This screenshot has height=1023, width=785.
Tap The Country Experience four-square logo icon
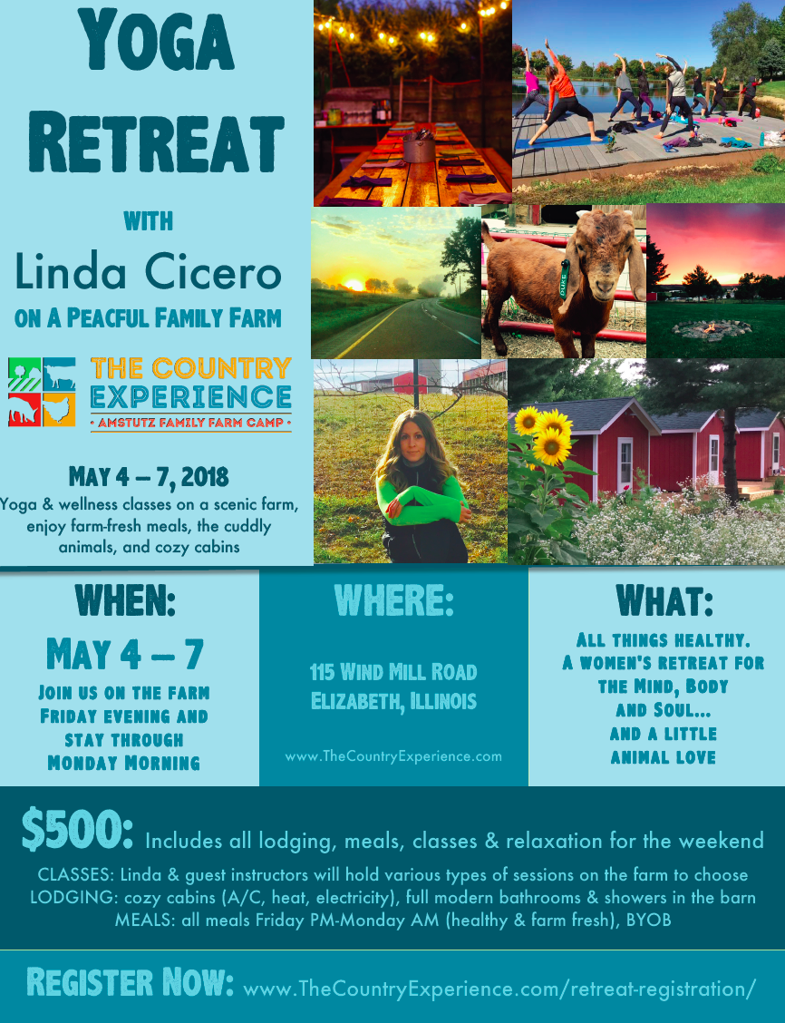(42, 392)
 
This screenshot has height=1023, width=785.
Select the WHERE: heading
(393, 600)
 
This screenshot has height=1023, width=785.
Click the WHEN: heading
(125, 600)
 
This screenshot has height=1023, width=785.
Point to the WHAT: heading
(664, 600)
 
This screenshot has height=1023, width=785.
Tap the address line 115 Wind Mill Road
(393, 672)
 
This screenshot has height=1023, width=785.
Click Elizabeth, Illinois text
(393, 701)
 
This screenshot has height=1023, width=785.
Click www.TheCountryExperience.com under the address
(393, 755)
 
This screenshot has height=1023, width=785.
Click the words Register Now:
(131, 982)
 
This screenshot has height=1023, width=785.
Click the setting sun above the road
(354, 284)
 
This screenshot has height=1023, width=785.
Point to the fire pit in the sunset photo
(712, 328)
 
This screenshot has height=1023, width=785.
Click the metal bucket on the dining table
(418, 148)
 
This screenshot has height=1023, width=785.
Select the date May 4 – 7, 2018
(149, 476)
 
